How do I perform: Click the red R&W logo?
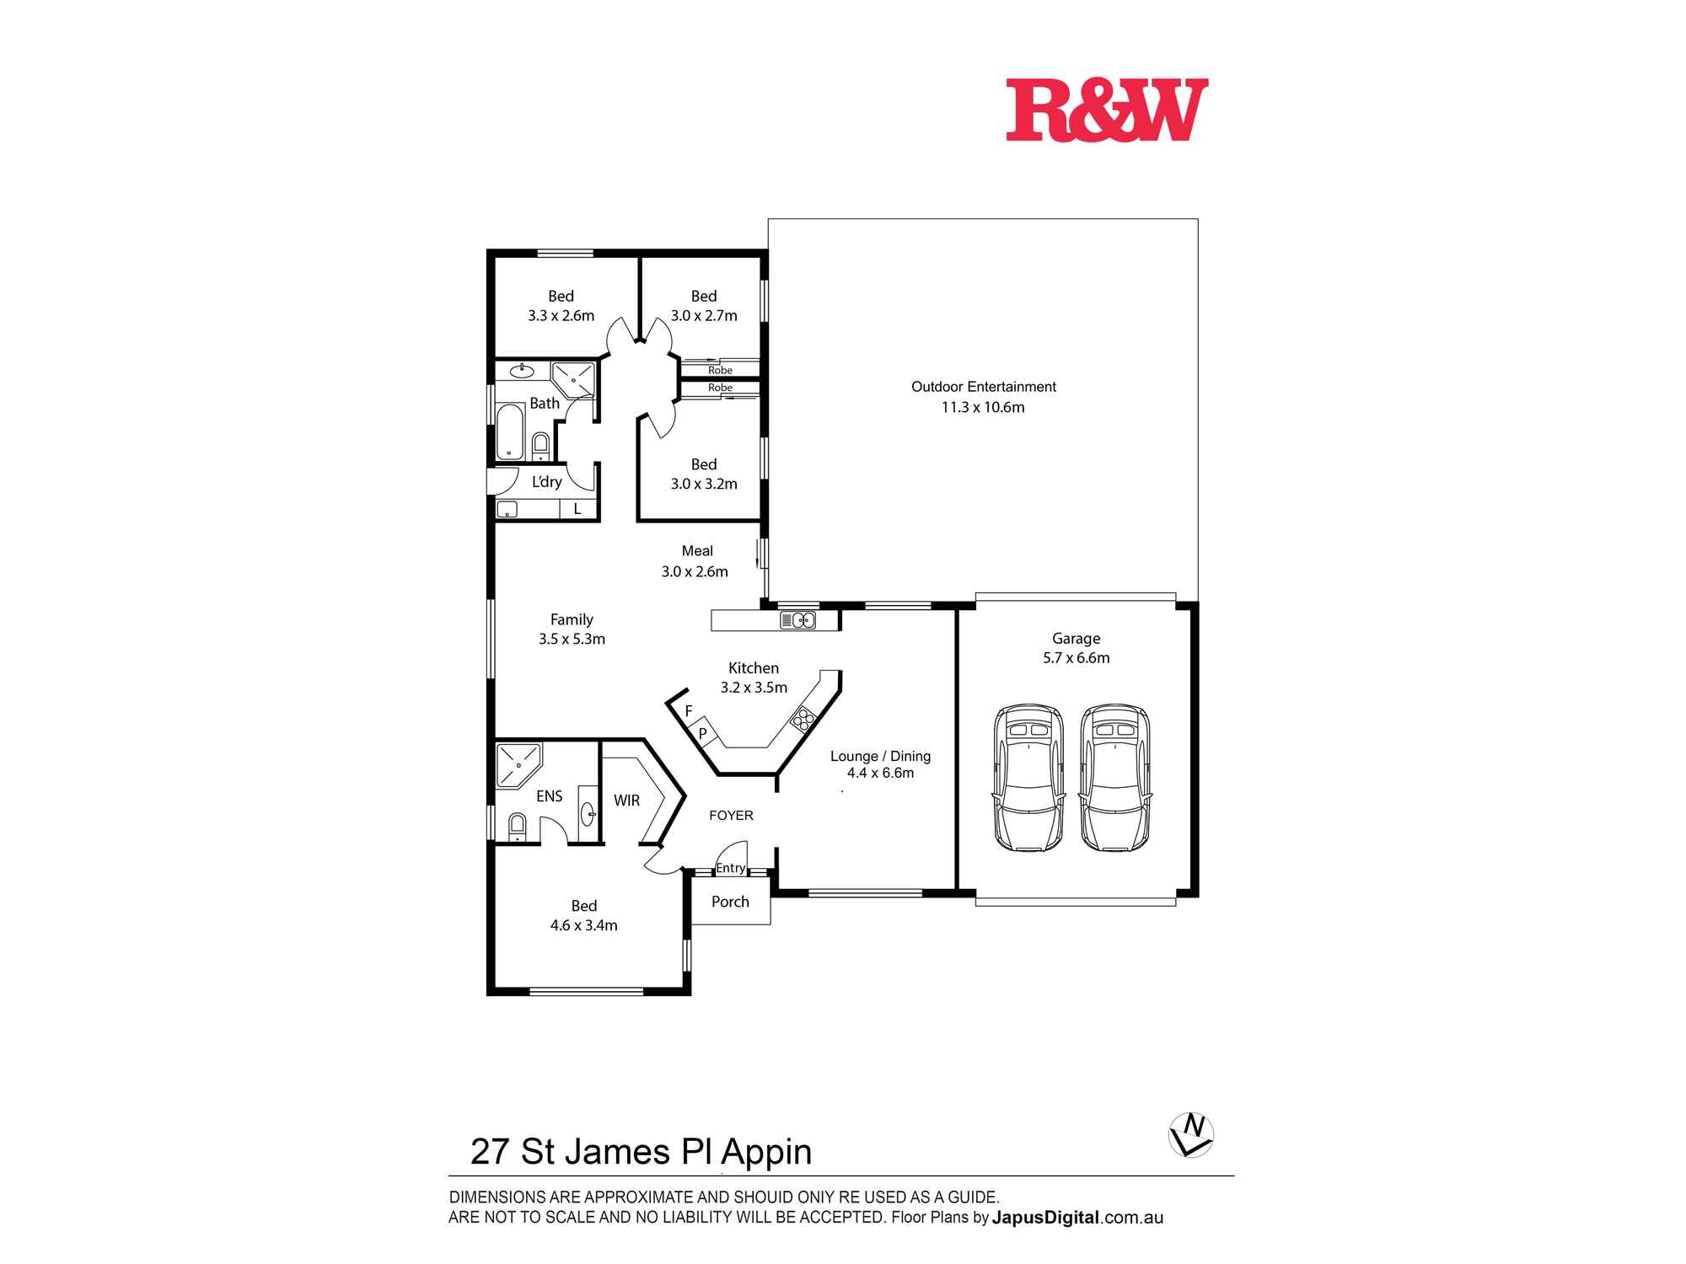[x=1107, y=110]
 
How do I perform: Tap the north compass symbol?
[x=1191, y=1135]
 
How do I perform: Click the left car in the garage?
[x=1028, y=779]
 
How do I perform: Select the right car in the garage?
[x=1114, y=779]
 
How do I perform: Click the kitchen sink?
[x=797, y=621]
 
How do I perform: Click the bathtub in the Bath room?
[x=509, y=431]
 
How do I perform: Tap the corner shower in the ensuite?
[x=516, y=764]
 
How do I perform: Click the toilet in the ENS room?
[x=517, y=826]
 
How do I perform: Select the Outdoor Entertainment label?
[x=983, y=387]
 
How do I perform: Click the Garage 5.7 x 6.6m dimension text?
[x=1076, y=658]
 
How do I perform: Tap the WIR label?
[x=626, y=801]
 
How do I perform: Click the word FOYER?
[x=731, y=816]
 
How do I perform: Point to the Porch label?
[x=730, y=902]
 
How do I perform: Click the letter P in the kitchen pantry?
[x=702, y=734]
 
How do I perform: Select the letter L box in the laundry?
[x=577, y=509]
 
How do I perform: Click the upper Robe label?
[x=720, y=370]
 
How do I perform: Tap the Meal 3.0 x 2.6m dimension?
[x=695, y=571]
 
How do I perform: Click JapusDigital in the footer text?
[x=1045, y=1218]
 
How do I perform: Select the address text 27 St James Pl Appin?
[x=641, y=1152]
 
